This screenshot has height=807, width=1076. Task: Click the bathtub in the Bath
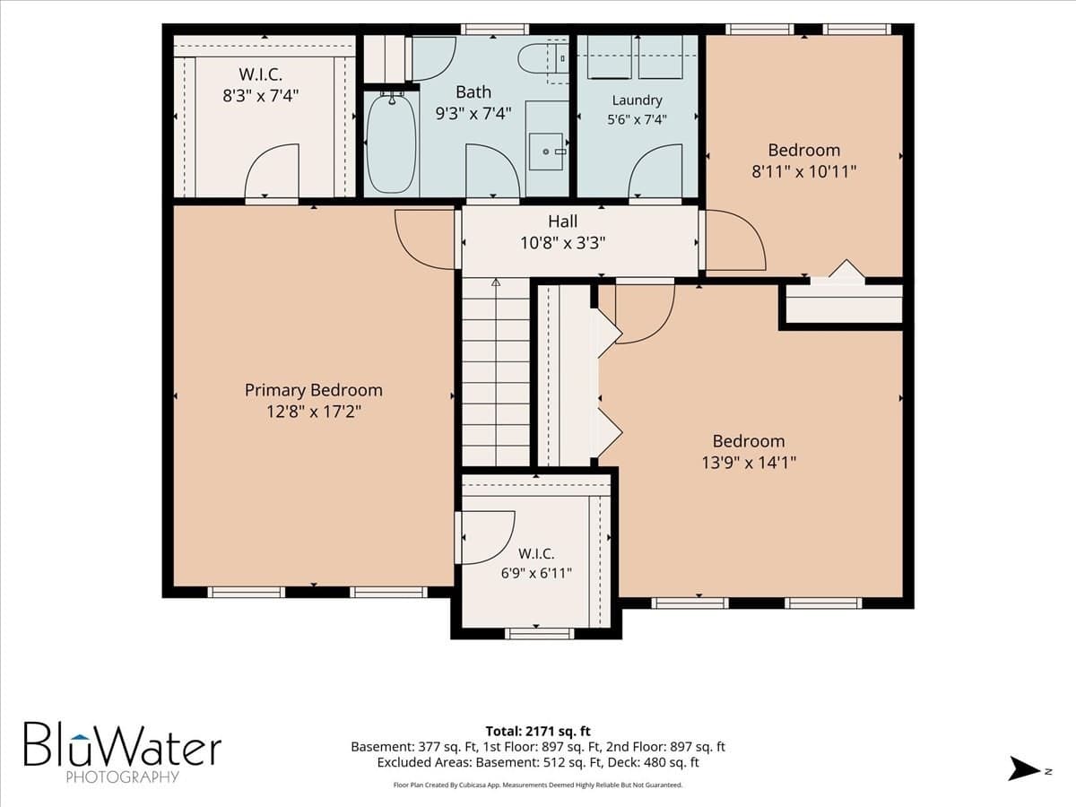pyautogui.click(x=391, y=144)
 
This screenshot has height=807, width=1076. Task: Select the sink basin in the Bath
pyautogui.click(x=545, y=152)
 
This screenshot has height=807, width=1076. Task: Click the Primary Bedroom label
pyautogui.click(x=314, y=390)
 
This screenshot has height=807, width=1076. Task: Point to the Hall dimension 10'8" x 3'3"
pyautogui.click(x=563, y=242)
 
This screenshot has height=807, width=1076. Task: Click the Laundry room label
pyautogui.click(x=638, y=100)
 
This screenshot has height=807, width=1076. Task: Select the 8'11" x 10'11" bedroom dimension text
pyautogui.click(x=804, y=171)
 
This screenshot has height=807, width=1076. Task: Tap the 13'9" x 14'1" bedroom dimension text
pyautogui.click(x=749, y=463)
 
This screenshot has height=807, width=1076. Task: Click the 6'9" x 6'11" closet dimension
pyautogui.click(x=536, y=573)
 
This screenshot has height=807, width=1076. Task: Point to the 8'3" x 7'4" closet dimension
pyautogui.click(x=261, y=96)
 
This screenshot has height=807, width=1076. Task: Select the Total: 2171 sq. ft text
pyautogui.click(x=538, y=731)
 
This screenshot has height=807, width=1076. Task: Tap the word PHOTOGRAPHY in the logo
pyautogui.click(x=122, y=777)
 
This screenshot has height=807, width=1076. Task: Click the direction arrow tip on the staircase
pyautogui.click(x=496, y=279)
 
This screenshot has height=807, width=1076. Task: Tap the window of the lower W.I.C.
pyautogui.click(x=539, y=635)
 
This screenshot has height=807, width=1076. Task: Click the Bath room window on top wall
pyautogui.click(x=495, y=29)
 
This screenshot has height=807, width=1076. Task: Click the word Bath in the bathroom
pyautogui.click(x=473, y=91)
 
